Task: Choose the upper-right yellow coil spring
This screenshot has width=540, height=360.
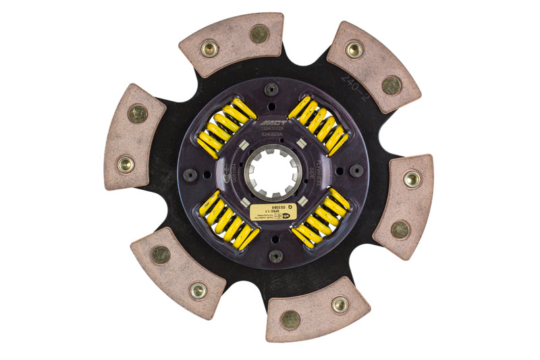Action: [318, 124]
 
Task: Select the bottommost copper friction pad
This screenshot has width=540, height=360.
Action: [317, 308]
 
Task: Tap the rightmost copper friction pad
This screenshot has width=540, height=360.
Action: [404, 206]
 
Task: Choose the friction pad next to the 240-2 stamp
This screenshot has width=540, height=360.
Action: [373, 65]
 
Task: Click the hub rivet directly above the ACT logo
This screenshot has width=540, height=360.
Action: [271, 88]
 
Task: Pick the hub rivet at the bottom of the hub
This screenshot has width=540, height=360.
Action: [275, 256]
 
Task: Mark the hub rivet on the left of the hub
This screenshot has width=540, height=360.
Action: [191, 175]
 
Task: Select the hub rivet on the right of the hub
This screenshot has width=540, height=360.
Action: [356, 170]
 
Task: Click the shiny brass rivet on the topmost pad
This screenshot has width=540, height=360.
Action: [210, 48]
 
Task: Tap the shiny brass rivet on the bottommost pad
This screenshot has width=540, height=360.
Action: [340, 305]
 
